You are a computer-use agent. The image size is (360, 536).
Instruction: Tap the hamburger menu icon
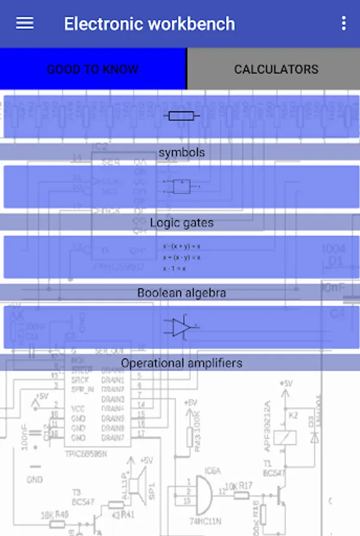25,23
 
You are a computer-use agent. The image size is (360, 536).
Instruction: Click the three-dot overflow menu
343,23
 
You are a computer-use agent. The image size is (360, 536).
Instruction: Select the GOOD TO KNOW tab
93,69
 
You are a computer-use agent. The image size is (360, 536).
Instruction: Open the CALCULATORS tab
276,69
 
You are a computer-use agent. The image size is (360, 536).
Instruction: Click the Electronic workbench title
149,24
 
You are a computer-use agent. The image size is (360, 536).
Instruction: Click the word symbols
181,152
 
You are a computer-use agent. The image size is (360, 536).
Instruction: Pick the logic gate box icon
181,186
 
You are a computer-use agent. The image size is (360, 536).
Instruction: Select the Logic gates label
181,223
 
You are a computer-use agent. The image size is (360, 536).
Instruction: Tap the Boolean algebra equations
181,257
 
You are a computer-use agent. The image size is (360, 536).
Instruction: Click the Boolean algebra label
181,293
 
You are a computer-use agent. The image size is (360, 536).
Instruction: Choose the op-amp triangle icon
181,327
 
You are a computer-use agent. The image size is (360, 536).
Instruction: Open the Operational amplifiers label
181,363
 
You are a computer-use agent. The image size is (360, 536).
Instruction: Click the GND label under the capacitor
35,479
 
